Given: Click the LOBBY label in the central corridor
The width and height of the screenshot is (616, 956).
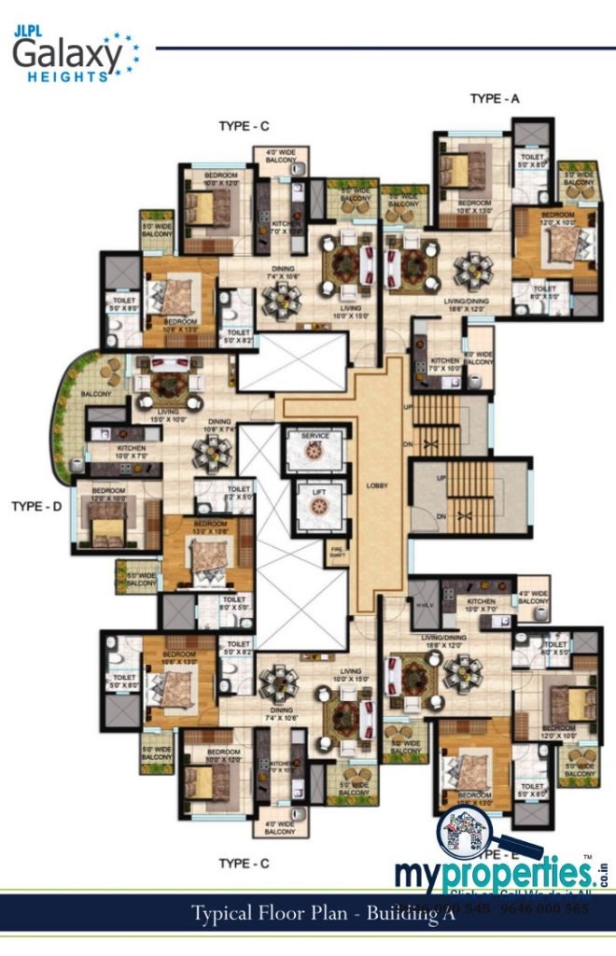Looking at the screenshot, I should click(x=377, y=486).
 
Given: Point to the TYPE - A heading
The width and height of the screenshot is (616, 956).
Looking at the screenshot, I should click(x=494, y=97).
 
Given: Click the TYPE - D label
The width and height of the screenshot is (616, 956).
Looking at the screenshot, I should click(x=36, y=507).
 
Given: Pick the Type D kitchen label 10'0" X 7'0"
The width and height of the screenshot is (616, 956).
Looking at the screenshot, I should click(x=130, y=453).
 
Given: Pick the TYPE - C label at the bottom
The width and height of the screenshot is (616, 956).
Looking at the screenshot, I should click(x=244, y=864).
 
